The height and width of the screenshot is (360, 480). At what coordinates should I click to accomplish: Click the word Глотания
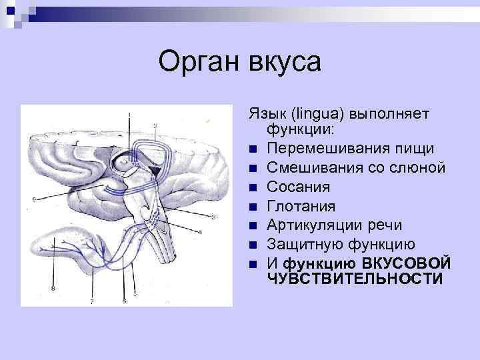pyautogui.click(x=300, y=206)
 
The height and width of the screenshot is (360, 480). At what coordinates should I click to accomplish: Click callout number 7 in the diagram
pyautogui.click(x=92, y=301)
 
